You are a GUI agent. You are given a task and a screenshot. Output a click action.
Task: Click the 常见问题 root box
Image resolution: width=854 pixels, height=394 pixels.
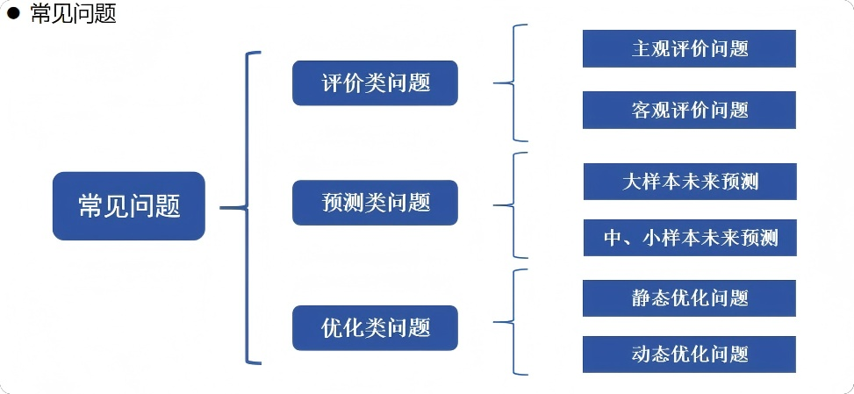click(129, 206)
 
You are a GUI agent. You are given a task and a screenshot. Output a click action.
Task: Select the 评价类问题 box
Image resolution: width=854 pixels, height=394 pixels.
click(375, 83)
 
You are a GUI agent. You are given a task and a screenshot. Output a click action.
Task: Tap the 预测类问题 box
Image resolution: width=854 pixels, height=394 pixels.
click(375, 203)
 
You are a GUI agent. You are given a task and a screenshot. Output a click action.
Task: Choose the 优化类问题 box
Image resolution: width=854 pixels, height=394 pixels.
click(375, 328)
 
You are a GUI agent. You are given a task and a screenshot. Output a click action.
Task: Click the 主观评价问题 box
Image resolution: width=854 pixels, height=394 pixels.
click(689, 48)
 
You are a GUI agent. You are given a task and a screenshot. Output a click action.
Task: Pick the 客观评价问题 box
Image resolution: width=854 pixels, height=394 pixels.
click(689, 110)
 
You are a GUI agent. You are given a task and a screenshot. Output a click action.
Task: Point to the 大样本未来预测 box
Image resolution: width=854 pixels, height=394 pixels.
click(690, 182)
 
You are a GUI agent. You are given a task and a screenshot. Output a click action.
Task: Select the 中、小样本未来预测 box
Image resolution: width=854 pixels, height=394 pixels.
click(690, 238)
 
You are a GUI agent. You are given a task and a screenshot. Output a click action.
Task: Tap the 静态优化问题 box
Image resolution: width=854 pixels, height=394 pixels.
click(689, 297)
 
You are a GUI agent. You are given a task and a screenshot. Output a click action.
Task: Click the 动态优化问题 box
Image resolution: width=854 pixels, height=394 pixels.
click(689, 354)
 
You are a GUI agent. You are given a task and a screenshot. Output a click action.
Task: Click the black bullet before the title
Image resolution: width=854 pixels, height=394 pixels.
click(13, 14)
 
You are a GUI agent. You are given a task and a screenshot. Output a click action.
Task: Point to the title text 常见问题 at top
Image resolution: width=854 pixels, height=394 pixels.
click(73, 14)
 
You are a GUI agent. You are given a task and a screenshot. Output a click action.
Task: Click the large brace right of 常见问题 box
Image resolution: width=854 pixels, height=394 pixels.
click(249, 208)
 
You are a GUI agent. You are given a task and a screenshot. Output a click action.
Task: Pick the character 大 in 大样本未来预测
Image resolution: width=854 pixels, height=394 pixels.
click(630, 182)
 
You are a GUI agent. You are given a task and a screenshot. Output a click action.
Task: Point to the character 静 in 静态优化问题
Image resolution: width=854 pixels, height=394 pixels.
click(642, 297)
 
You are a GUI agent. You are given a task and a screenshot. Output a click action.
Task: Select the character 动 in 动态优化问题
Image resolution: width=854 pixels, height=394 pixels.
click(642, 354)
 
